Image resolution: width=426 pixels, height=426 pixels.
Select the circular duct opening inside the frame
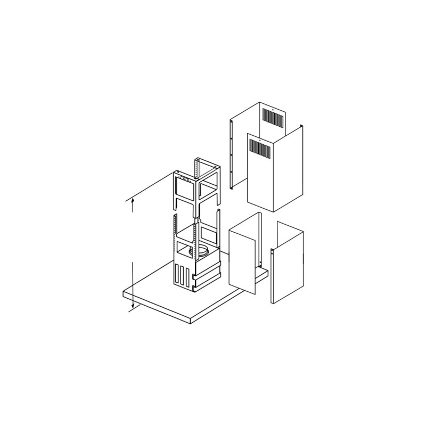point(203,251)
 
